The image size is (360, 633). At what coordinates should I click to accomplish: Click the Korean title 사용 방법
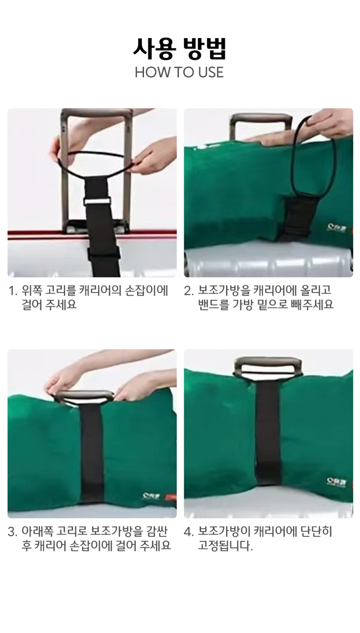(x=180, y=49)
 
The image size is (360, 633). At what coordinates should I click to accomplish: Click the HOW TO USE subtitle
(x=179, y=72)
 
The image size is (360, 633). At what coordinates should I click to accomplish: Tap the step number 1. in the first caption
(x=13, y=291)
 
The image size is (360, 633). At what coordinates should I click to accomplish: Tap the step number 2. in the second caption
(x=189, y=291)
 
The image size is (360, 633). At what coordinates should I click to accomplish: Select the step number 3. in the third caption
(x=13, y=532)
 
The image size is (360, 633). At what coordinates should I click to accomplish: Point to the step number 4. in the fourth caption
(x=189, y=532)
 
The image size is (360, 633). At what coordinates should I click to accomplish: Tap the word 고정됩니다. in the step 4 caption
(x=225, y=546)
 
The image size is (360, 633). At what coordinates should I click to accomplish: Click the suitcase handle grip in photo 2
(x=260, y=119)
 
